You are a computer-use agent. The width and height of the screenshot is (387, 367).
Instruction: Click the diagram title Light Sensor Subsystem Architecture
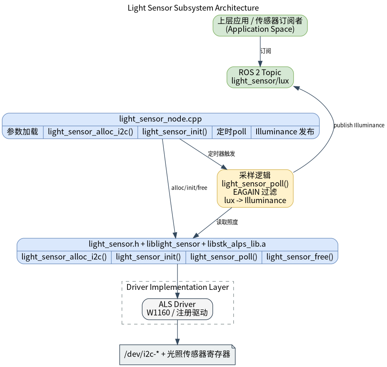coord(193,8)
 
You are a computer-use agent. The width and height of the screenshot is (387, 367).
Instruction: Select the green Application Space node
coord(260,25)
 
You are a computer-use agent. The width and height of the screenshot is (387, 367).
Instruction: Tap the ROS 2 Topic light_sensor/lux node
coord(260,77)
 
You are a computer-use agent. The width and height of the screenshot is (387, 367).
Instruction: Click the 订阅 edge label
coord(266,51)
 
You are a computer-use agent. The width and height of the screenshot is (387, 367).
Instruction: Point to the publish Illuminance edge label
coord(359,125)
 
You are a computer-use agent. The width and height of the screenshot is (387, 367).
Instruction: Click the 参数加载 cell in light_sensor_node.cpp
coord(23,132)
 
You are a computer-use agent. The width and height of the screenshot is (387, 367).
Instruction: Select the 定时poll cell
coord(232,132)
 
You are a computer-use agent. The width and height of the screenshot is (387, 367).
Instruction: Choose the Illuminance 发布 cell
coord(285,132)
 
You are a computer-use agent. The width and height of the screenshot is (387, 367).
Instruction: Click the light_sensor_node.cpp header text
coord(160,119)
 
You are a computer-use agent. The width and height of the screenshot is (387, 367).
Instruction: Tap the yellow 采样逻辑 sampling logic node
coord(255,189)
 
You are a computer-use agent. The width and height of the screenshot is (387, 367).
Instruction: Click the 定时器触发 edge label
coord(221,154)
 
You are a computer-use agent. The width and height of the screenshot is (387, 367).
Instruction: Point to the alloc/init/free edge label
coord(189,188)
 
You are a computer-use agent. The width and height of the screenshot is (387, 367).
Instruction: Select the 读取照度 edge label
coord(227,222)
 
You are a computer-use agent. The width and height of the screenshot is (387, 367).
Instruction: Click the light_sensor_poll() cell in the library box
coord(224,257)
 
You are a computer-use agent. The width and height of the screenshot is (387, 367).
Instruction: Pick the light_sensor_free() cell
coord(300,257)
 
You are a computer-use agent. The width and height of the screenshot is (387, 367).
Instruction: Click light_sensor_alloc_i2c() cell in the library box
coord(64,257)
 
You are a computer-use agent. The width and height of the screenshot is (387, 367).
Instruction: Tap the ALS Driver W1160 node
coord(177,309)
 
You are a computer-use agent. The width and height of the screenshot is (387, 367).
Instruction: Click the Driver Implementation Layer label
coord(178,287)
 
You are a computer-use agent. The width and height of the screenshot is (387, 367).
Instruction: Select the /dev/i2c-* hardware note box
coord(177,354)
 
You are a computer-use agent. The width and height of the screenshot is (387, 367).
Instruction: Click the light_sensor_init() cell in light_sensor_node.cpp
coord(175,132)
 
